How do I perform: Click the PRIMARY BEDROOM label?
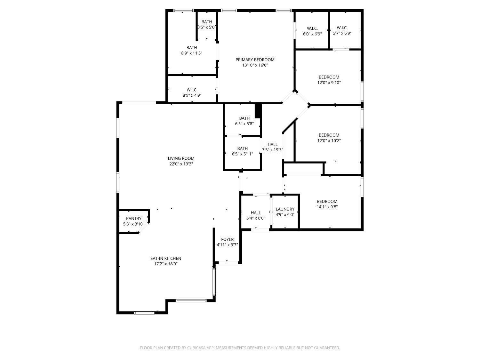[255, 60]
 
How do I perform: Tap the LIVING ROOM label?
[181, 158]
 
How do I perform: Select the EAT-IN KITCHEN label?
[166, 258]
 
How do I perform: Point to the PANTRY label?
[134, 218]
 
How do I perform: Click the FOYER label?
[227, 239]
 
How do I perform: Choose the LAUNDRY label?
[285, 209]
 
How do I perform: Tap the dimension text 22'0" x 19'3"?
[181, 164]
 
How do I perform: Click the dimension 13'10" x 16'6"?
[255, 65]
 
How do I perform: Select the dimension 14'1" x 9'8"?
[327, 207]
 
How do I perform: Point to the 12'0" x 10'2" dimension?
[329, 140]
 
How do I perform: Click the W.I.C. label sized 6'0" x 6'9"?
[312, 28]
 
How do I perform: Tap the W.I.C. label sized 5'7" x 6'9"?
[342, 28]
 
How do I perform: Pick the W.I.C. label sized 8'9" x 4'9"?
[192, 90]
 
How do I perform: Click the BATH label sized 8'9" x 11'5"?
[192, 48]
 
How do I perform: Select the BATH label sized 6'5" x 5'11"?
[242, 148]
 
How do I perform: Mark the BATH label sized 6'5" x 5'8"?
[244, 118]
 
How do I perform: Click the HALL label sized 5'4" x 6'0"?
[256, 213]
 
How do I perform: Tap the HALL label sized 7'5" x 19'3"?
[272, 144]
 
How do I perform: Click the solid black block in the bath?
[258, 111]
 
